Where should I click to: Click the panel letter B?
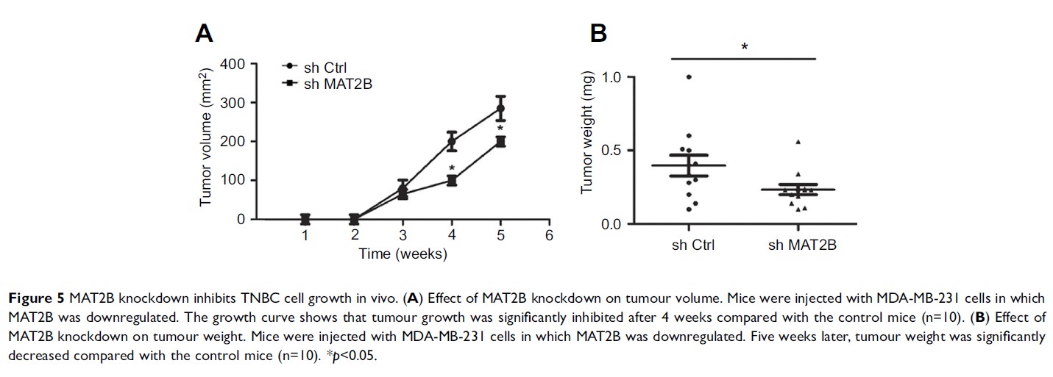pyautogui.click(x=598, y=33)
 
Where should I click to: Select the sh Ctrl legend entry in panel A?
pyautogui.click(x=325, y=68)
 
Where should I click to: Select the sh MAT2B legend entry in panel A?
pyautogui.click(x=338, y=83)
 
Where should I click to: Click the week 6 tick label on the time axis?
pyautogui.click(x=549, y=235)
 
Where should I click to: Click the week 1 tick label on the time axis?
pyautogui.click(x=305, y=235)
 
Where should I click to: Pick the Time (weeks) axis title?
pyautogui.click(x=403, y=254)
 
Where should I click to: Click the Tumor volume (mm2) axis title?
pyautogui.click(x=207, y=140)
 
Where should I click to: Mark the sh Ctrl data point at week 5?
pyautogui.click(x=500, y=109)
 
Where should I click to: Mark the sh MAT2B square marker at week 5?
pyautogui.click(x=500, y=142)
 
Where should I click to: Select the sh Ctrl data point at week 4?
pyautogui.click(x=452, y=142)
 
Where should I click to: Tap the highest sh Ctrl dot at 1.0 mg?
pyautogui.click(x=689, y=77)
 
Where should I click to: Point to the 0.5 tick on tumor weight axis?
pyautogui.click(x=613, y=151)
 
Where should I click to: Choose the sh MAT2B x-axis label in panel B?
pyautogui.click(x=802, y=245)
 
